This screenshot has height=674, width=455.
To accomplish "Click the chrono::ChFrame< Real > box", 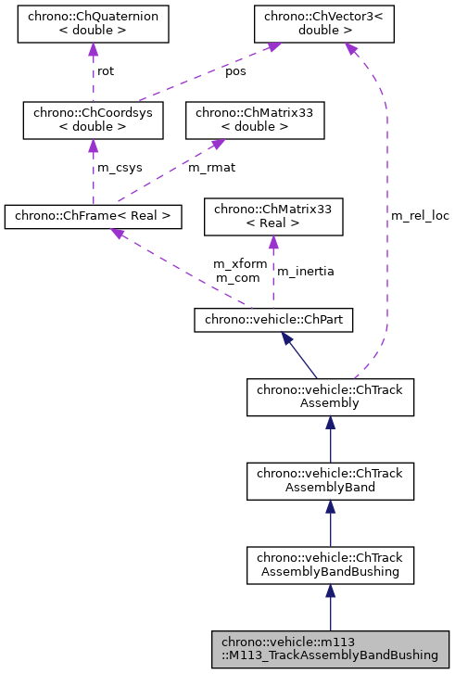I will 92,217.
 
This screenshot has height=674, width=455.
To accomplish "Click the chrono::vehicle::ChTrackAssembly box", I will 330,397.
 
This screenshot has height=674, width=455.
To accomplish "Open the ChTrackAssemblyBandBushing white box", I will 330,565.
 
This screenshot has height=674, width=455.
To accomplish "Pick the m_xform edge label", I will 240,264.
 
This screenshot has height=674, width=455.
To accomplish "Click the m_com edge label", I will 237,278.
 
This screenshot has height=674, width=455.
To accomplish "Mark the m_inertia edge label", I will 306,272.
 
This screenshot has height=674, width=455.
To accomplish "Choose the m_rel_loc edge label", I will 419,216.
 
